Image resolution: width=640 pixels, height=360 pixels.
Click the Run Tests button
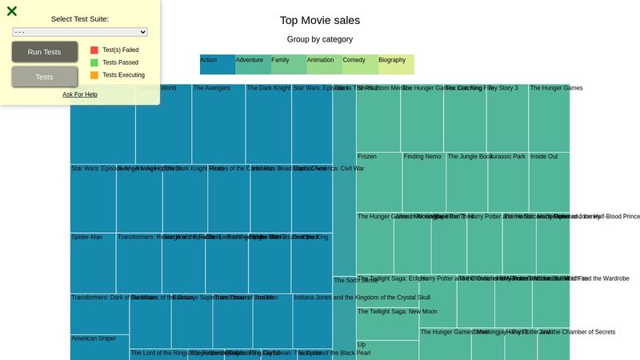point(45,52)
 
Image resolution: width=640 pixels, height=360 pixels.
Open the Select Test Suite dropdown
point(80,32)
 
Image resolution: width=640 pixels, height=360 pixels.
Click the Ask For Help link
point(80,94)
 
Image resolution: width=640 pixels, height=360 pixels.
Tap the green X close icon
point(12,11)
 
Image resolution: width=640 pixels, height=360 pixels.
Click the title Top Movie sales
point(320,21)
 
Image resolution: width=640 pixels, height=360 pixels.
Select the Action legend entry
point(217,64)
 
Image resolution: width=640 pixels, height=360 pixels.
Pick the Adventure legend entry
point(253,64)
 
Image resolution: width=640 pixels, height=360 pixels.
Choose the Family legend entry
point(288,64)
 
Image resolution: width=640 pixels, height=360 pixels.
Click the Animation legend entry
point(324,64)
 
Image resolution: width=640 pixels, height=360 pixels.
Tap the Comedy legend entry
point(360,64)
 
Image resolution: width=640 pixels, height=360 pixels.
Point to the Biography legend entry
point(396,64)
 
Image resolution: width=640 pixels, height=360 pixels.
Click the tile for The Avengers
point(218,124)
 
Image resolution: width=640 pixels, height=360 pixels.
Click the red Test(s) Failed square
point(94,50)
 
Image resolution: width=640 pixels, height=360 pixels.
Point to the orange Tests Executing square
point(94,75)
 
